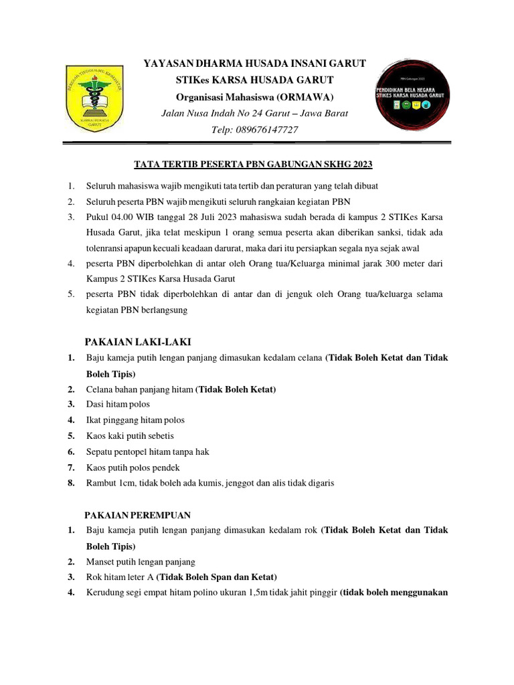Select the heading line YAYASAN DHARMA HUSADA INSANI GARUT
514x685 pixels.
[255, 64]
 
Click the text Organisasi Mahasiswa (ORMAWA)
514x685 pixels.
[255, 96]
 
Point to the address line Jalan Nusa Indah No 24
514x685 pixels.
[255, 113]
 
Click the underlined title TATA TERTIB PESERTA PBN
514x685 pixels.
[253, 164]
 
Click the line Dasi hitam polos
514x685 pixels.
[118, 404]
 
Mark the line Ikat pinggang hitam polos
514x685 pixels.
[135, 420]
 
